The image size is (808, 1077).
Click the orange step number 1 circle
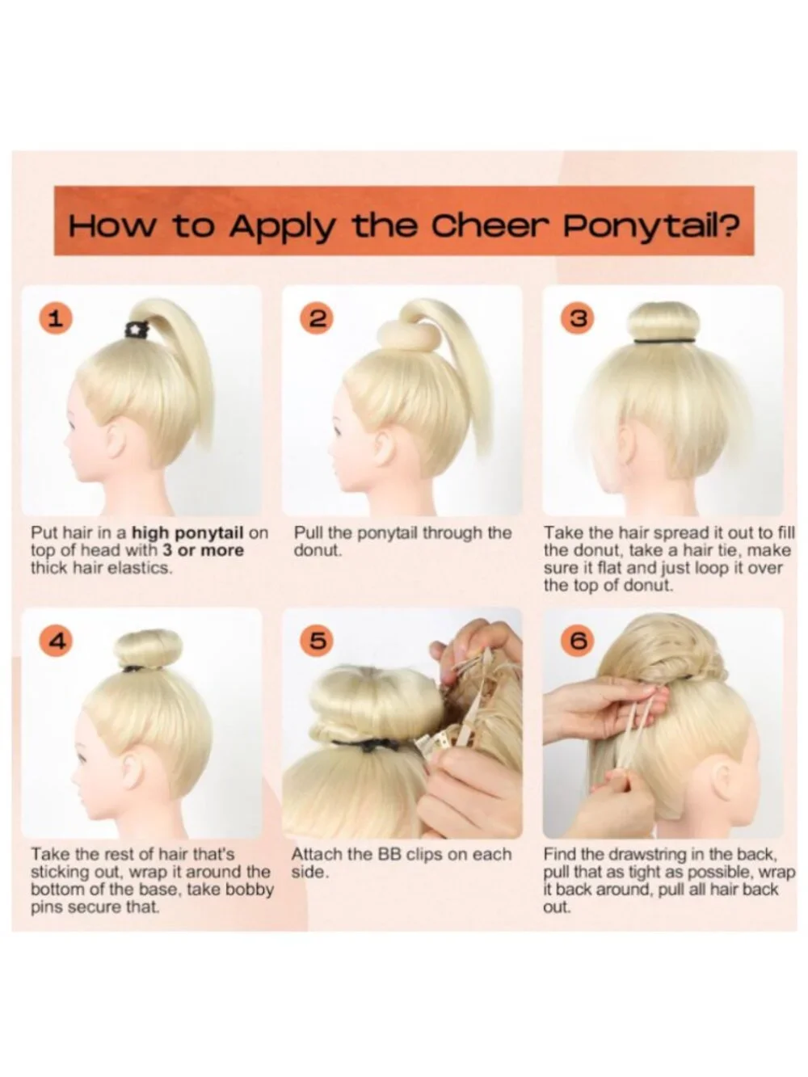click(56, 319)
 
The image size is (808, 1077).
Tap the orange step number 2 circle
click(317, 319)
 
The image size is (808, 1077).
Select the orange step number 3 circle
click(578, 319)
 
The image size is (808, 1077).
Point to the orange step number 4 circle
click(56, 641)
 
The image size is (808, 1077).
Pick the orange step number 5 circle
click(317, 641)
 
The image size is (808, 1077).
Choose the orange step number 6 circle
click(579, 641)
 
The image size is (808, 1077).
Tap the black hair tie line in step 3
click(665, 340)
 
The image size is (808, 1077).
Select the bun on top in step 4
click(149, 649)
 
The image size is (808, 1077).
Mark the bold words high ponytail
click(188, 533)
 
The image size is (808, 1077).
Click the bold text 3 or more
click(204, 550)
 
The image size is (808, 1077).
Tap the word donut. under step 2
click(318, 550)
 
